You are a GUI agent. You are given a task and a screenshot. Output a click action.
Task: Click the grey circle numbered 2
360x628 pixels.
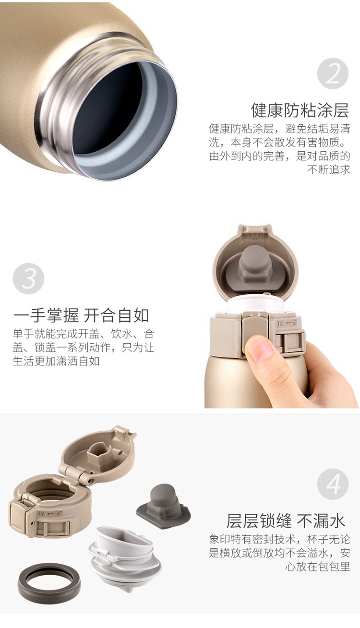333,73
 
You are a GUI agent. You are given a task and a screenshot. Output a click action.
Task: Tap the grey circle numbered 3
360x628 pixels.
28,278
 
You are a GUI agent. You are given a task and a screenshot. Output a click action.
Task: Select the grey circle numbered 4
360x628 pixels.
333,484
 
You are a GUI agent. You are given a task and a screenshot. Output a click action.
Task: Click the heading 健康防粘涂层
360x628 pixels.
300,110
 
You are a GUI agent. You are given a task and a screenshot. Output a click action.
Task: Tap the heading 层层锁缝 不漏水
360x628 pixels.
286,521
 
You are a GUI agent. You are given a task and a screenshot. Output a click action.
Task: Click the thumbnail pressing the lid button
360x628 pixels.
259,349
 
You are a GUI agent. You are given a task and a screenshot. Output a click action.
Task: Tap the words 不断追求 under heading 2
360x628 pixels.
329,169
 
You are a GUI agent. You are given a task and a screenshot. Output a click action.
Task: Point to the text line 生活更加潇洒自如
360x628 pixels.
56,361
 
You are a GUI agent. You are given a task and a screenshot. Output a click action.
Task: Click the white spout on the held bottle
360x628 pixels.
255,305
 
